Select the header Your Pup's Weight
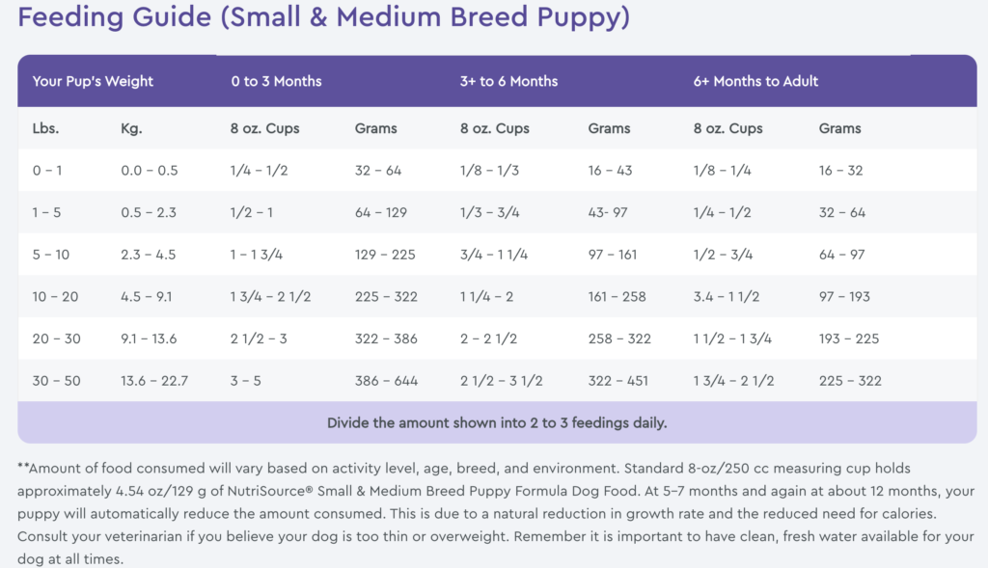(x=93, y=81)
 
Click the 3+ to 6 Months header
(x=508, y=81)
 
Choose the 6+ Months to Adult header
(x=755, y=81)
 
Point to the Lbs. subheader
(x=45, y=128)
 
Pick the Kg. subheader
(x=131, y=128)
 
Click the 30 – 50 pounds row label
(x=56, y=381)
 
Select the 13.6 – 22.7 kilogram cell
(x=154, y=381)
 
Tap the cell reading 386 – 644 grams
(x=387, y=381)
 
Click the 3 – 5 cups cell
(x=246, y=381)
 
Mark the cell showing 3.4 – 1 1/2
(x=734, y=296)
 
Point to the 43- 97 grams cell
(x=608, y=212)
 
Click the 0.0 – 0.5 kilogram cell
(x=149, y=171)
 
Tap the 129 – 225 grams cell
(x=385, y=255)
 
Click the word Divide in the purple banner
(x=349, y=422)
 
